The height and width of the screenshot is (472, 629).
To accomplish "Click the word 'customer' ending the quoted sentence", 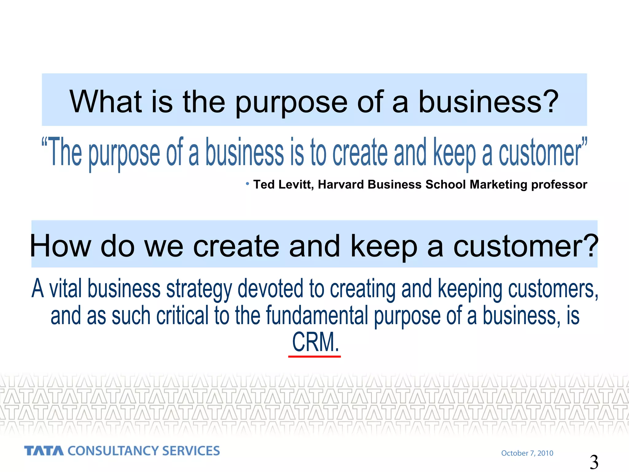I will tap(539, 153).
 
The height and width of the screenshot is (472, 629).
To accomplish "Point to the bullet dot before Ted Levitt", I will tap(247, 184).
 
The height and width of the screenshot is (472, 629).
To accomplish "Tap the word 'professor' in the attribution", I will tap(559, 185).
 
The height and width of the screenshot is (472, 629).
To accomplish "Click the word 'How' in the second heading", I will tap(61, 246).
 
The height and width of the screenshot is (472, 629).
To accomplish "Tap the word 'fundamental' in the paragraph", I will tap(317, 316).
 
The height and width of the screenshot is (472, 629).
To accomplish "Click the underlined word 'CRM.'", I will tap(315, 342).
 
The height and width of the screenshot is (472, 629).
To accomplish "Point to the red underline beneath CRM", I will tap(314, 356).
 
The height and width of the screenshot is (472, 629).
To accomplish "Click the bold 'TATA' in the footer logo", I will tap(44, 451).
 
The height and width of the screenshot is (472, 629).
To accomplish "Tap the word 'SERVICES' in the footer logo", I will tap(191, 451).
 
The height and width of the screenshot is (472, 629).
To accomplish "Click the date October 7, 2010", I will tap(527, 453).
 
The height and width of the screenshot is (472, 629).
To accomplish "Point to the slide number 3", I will tap(594, 462).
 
